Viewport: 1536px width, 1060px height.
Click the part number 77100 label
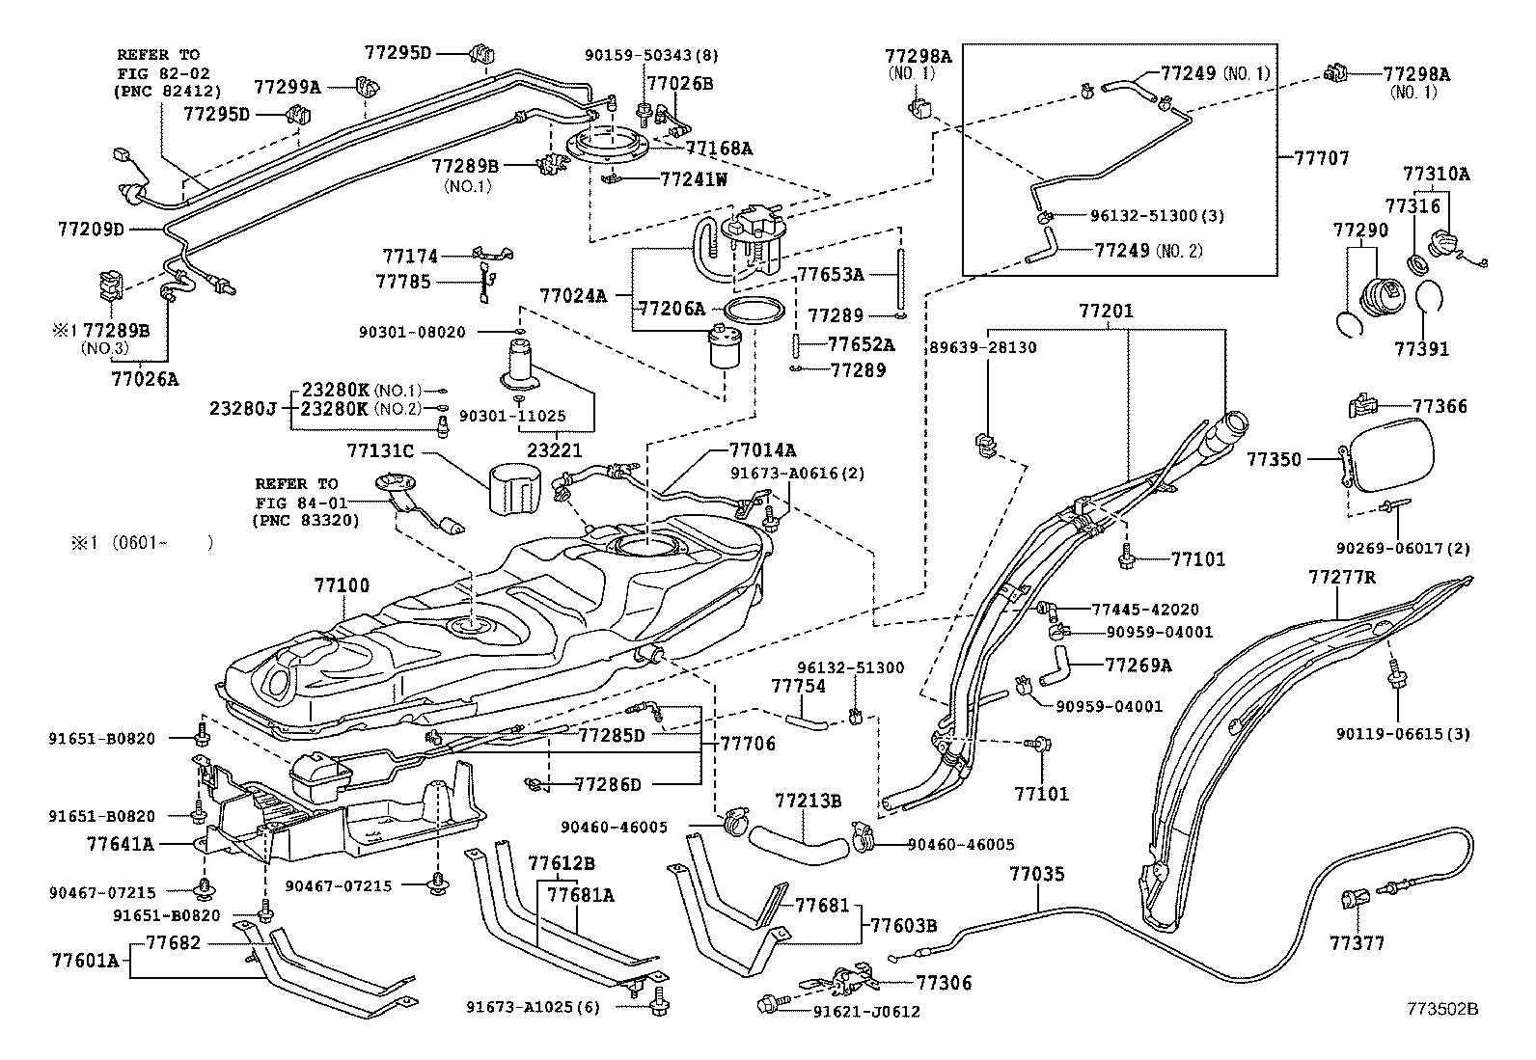341,585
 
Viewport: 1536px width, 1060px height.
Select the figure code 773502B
1440,1009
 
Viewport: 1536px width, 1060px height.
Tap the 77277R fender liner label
1341,578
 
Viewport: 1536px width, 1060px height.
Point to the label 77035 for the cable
1037,875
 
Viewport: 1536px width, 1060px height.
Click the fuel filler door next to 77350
1390,460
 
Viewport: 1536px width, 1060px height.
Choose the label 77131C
379,449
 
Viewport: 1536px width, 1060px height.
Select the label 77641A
120,844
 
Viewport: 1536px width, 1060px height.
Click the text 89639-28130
982,347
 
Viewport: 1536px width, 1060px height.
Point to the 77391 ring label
1420,348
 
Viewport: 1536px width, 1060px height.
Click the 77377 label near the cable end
1357,942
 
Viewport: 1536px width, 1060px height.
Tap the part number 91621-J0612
866,1012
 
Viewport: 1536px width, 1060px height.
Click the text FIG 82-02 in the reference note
162,73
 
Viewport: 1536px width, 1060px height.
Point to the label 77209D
92,230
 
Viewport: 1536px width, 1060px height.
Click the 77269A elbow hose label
1138,665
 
